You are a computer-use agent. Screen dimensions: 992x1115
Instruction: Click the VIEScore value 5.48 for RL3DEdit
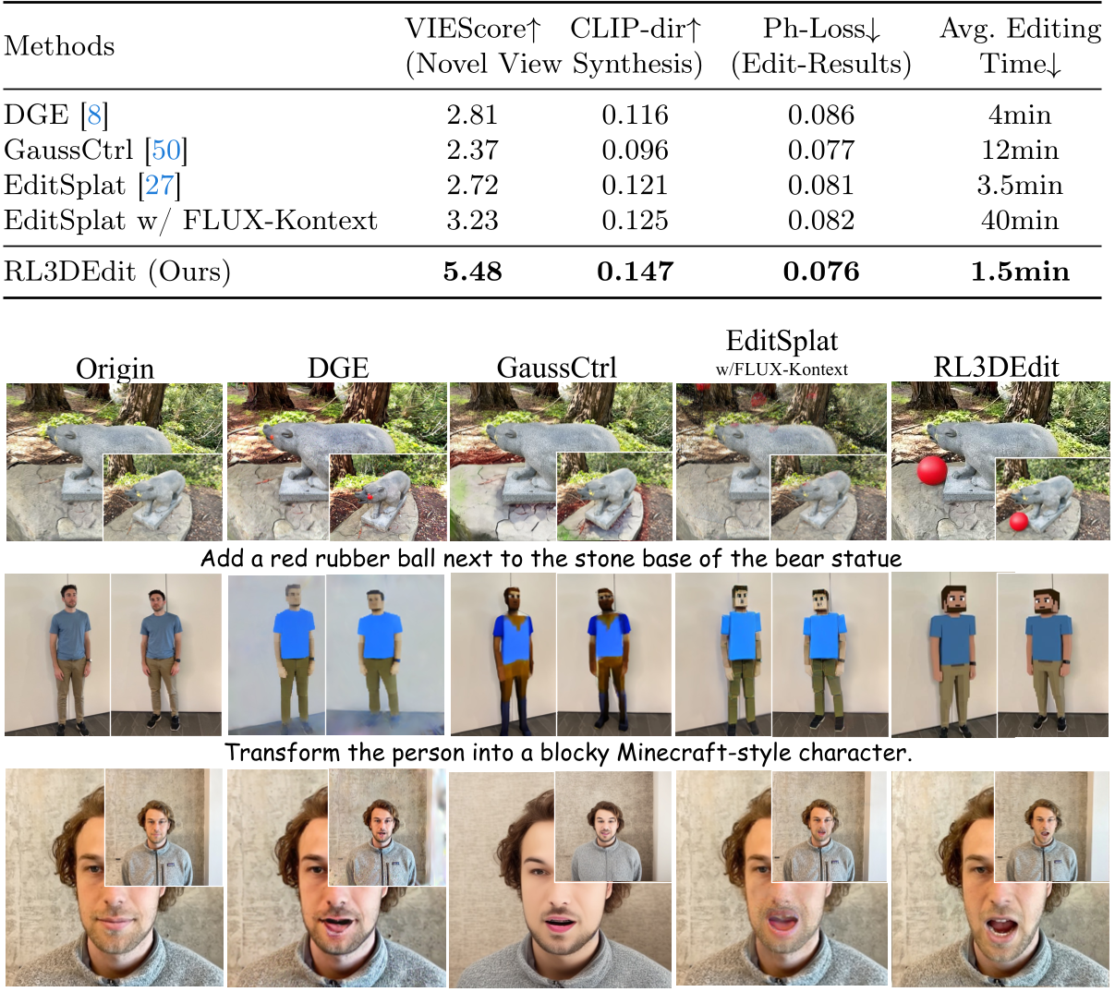pos(473,272)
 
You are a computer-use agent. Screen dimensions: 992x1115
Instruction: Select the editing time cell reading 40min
pos(1020,221)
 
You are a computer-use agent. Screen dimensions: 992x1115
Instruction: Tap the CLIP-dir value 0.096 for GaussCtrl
pos(635,150)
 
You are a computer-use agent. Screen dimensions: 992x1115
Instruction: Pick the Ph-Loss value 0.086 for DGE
pos(821,115)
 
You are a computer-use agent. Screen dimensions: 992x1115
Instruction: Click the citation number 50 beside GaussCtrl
pos(166,150)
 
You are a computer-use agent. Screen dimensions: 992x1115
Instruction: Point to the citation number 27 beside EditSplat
pos(159,185)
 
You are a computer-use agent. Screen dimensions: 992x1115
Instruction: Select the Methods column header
pos(59,46)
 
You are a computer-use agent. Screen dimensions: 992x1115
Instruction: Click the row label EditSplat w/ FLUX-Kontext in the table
pos(191,221)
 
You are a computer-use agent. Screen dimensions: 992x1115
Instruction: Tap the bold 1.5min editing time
pos(1020,272)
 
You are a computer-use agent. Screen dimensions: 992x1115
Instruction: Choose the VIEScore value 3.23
pos(473,221)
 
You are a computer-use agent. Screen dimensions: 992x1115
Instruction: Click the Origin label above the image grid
pos(115,369)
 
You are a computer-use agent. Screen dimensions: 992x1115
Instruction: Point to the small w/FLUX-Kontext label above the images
pos(782,369)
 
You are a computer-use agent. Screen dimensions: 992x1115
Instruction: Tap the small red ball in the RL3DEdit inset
pos(1019,522)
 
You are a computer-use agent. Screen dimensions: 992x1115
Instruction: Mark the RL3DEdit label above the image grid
pos(996,367)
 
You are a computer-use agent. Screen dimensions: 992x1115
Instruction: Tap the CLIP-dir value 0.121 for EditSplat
pos(635,185)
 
